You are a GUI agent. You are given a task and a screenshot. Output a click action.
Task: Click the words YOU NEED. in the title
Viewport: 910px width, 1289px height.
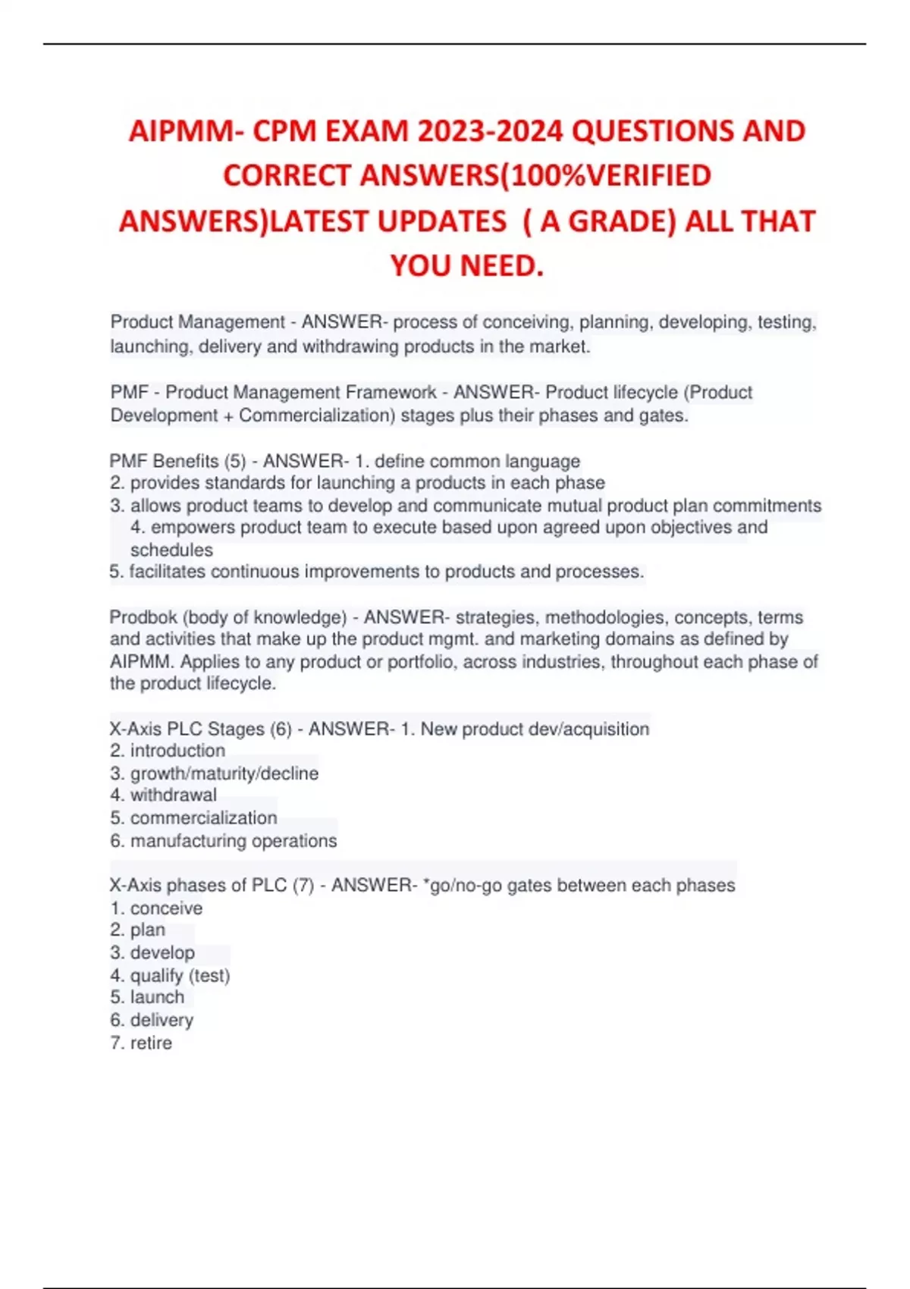point(467,266)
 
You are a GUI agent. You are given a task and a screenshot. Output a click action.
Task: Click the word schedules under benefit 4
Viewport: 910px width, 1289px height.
point(171,550)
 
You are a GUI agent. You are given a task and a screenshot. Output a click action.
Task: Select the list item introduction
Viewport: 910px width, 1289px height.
point(177,751)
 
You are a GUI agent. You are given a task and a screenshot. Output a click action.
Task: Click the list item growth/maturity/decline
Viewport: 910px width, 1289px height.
point(224,773)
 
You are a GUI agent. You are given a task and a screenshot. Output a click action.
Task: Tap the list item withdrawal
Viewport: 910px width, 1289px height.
point(173,795)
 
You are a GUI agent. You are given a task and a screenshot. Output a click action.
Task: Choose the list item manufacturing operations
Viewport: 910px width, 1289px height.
point(234,841)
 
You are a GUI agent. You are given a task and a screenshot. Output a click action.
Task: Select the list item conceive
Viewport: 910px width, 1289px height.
point(166,908)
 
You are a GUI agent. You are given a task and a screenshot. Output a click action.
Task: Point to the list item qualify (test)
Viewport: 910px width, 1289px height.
point(180,976)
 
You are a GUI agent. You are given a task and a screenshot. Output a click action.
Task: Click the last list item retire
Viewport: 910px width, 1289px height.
point(151,1043)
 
